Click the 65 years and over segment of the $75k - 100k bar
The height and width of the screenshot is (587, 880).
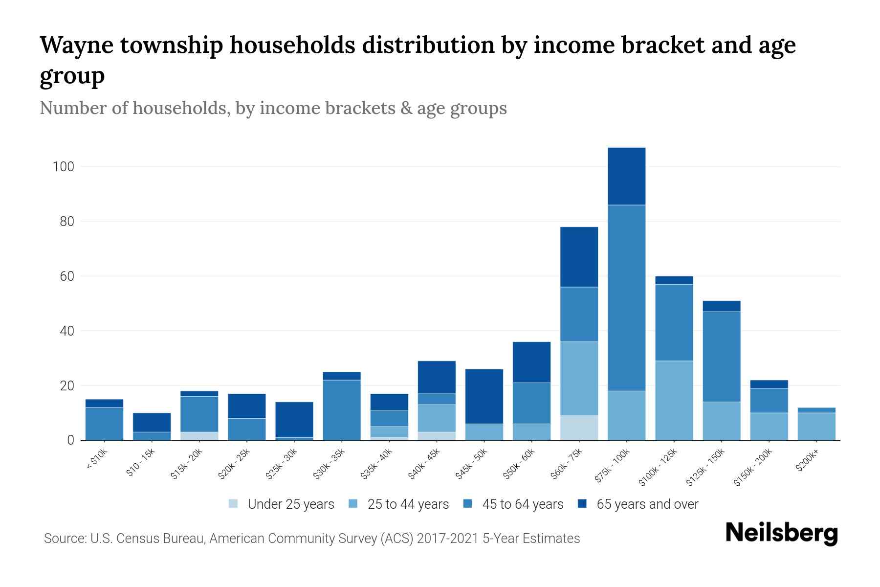[x=626, y=176]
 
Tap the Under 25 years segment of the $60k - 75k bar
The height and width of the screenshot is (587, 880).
[x=579, y=428]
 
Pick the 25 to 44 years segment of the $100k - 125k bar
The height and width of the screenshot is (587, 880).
[x=674, y=401]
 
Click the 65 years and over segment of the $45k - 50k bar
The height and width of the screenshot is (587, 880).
[x=484, y=396]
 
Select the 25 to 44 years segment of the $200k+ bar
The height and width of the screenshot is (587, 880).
[x=816, y=427]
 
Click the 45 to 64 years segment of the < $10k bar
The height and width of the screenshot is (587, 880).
[x=104, y=424]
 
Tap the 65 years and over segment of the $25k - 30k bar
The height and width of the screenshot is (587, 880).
[x=294, y=419]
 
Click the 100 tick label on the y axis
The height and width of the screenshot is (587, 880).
[x=63, y=167]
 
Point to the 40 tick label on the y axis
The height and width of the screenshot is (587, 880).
[x=66, y=331]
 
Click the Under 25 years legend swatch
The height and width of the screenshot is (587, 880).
[x=234, y=504]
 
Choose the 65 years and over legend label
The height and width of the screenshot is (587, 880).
[x=647, y=504]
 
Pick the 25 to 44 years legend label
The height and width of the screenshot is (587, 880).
[x=408, y=504]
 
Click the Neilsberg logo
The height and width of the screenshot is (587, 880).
[x=782, y=533]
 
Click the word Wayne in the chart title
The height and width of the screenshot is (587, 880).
[x=78, y=45]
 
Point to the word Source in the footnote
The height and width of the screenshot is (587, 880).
[x=64, y=539]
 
